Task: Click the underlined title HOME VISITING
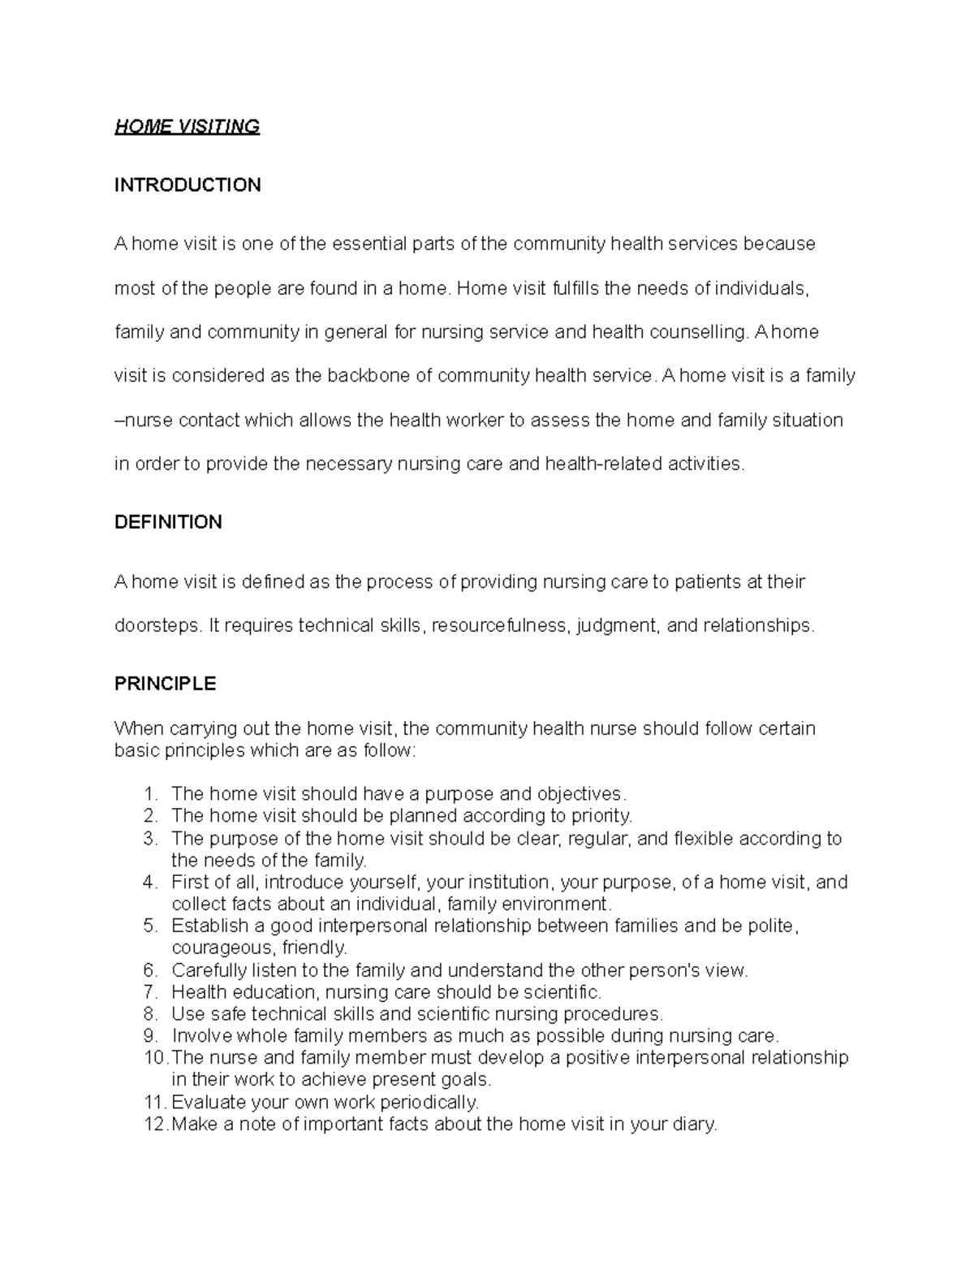pyautogui.click(x=187, y=127)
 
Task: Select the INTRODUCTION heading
pyautogui.click(x=187, y=185)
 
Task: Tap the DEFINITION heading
pyautogui.click(x=168, y=522)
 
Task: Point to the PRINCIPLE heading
pyautogui.click(x=165, y=684)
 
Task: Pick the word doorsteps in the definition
pyautogui.click(x=156, y=626)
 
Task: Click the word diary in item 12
pyautogui.click(x=696, y=1125)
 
